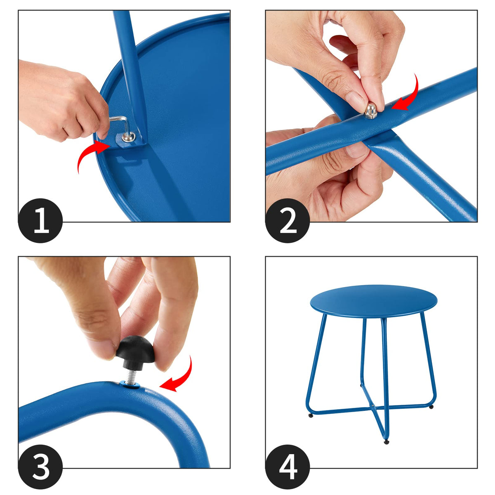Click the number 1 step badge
(40, 220)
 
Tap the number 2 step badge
(288, 220)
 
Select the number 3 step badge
(40, 467)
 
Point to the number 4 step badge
(288, 467)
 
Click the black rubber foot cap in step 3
(135, 351)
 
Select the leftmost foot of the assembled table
(311, 415)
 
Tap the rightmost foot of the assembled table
(431, 407)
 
